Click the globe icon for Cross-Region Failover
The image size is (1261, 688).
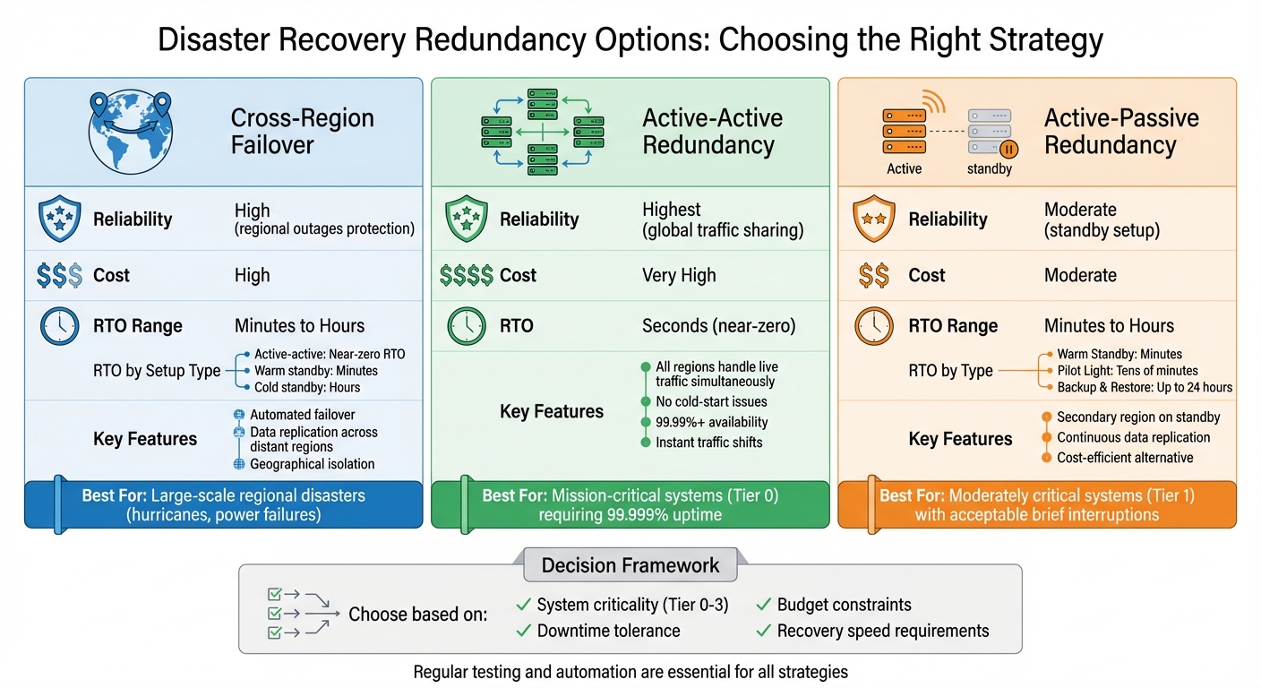[x=130, y=132]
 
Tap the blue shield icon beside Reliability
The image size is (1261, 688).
[x=60, y=219]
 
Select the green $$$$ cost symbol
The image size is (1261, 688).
[x=466, y=276]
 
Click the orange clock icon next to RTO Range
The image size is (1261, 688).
[x=874, y=326]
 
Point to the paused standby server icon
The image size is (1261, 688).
[x=990, y=132]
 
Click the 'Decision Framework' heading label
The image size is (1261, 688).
[x=630, y=565]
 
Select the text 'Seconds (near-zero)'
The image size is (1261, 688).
[x=718, y=326]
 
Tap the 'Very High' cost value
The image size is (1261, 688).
[x=679, y=276]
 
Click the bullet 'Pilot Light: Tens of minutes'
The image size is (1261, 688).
[x=1127, y=371]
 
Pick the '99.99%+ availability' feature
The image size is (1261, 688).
[x=711, y=422]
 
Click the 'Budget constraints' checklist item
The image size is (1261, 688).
[x=844, y=605]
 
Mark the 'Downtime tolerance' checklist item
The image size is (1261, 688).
[x=608, y=631]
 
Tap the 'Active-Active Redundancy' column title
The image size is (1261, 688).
[x=712, y=132]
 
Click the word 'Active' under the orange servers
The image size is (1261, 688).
[x=904, y=168]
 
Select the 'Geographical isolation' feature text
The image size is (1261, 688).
[x=312, y=464]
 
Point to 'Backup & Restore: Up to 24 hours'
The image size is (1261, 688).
[x=1145, y=388]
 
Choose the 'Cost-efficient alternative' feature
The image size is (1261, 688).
[x=1125, y=458]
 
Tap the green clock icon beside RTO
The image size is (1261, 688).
[x=467, y=326]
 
